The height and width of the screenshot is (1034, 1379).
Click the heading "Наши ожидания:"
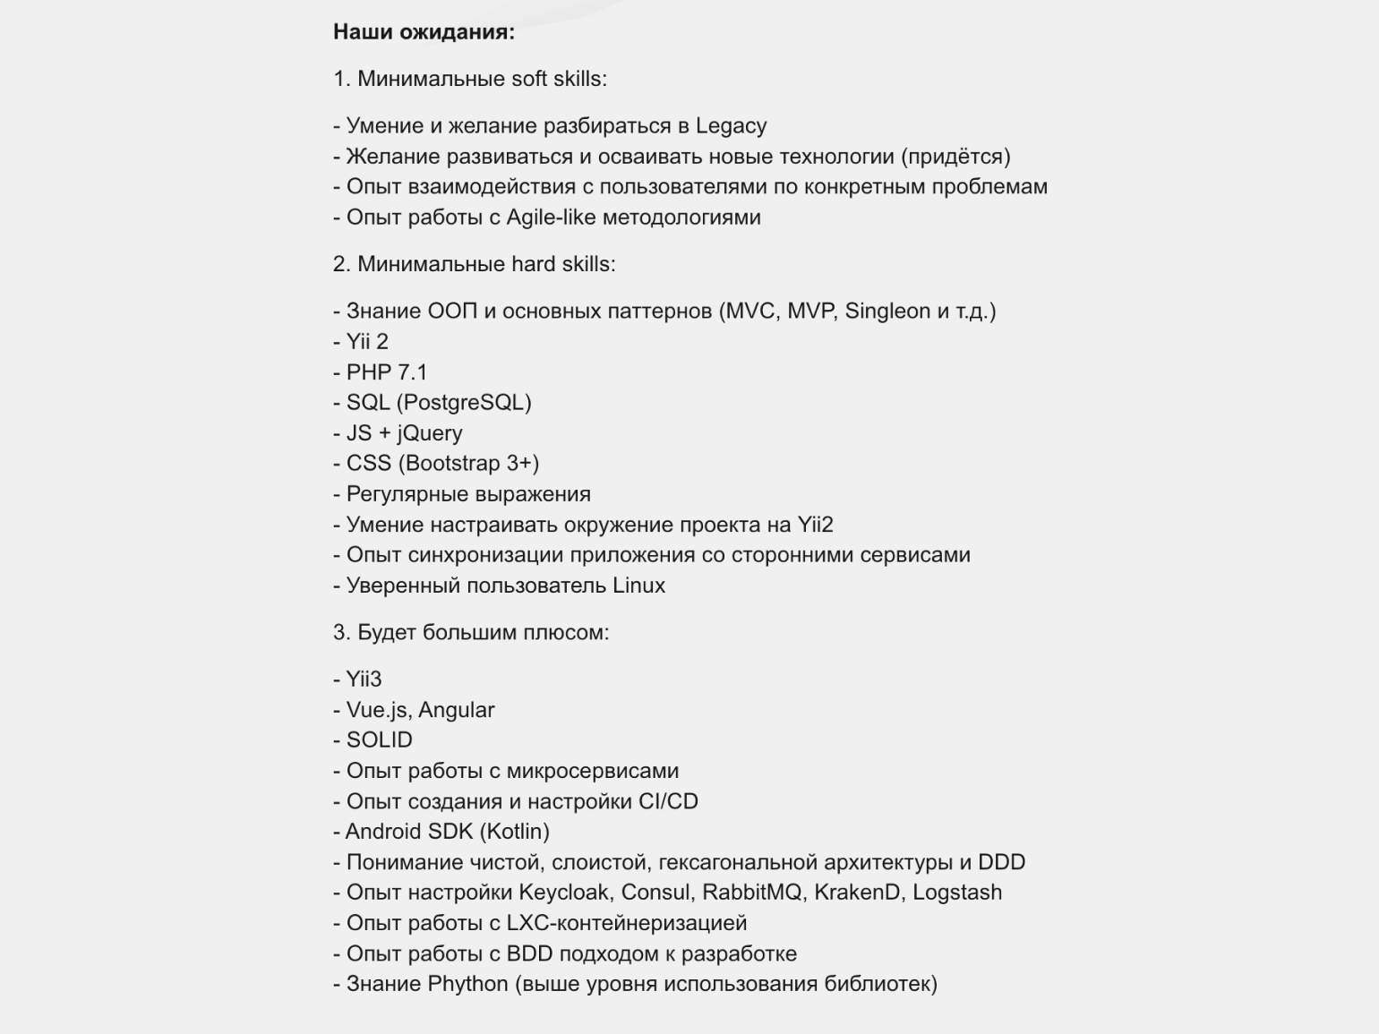[424, 32]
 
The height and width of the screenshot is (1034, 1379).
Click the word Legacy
[731, 126]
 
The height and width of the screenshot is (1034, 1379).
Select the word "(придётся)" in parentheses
[955, 157]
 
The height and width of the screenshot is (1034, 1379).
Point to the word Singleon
[887, 312]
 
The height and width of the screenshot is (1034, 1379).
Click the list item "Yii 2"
[367, 342]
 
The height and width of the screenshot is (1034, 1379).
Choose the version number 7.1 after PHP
[412, 372]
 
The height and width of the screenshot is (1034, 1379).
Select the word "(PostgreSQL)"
[464, 403]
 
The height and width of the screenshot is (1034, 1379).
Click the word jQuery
[430, 433]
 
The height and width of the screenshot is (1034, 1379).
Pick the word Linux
[638, 585]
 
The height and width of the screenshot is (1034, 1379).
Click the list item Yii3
[364, 679]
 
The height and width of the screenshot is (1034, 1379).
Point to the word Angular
[456, 710]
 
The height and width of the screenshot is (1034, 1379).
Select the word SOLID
[379, 740]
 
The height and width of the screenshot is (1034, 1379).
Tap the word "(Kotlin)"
[514, 832]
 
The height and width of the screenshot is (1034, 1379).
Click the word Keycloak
[564, 893]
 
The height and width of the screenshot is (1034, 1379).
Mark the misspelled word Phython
[467, 984]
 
